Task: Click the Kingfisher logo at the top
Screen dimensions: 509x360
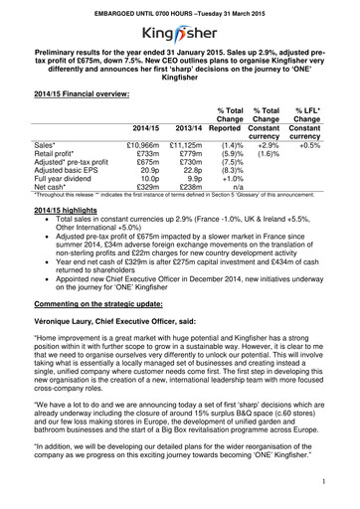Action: tap(180, 28)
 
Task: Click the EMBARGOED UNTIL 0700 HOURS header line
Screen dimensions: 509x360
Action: tap(180, 7)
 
